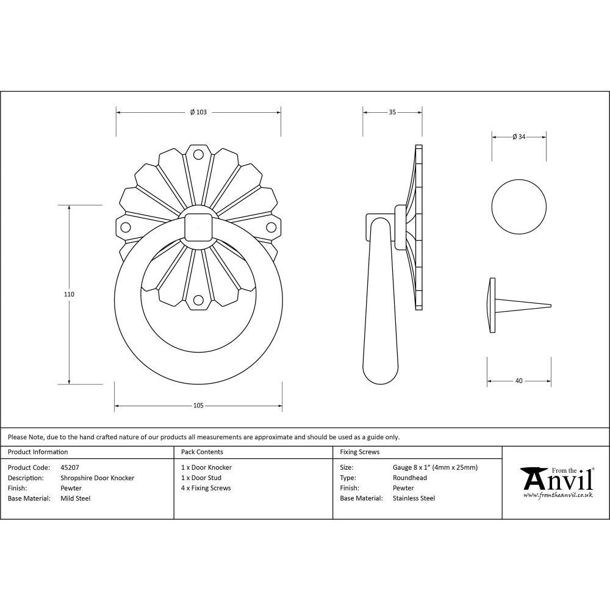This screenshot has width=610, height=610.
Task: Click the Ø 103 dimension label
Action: (198, 112)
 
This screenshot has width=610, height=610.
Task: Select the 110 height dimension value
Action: (69, 294)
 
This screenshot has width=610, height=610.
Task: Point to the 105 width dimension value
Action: (198, 406)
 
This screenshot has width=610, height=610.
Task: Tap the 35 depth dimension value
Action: (392, 112)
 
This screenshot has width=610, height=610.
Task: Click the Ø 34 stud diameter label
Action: (519, 137)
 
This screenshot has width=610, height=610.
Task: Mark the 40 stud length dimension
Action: (518, 381)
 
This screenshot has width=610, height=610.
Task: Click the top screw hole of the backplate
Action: (198, 155)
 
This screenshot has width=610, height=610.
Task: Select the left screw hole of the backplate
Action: (126, 228)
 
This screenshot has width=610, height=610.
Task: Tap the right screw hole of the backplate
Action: (271, 228)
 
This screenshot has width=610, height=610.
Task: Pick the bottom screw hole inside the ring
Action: (198, 300)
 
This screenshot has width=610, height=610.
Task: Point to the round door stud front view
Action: (519, 206)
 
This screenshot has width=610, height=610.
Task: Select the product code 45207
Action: (70, 467)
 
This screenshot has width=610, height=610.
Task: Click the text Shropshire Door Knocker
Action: (98, 478)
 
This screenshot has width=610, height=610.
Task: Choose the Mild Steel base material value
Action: (76, 498)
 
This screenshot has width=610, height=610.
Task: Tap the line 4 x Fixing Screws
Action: (206, 488)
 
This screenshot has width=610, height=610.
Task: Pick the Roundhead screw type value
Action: (410, 478)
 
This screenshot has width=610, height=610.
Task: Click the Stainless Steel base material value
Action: (414, 498)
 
